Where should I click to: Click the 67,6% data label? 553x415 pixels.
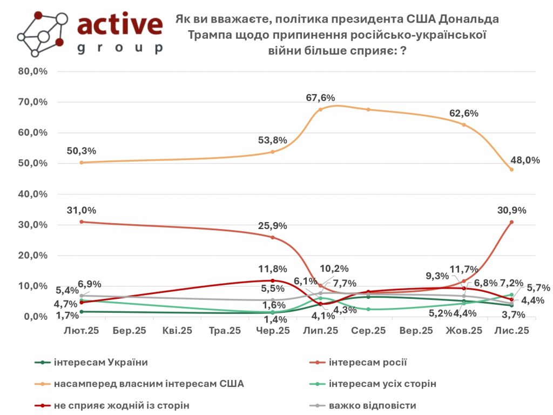(320, 98)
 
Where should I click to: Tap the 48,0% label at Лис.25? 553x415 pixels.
(524, 160)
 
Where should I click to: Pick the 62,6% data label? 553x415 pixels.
(463, 113)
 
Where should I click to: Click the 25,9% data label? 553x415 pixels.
(272, 225)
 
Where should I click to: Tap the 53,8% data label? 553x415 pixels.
(272, 140)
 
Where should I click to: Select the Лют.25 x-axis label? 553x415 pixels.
(82, 330)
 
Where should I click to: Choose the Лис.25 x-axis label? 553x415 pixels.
(511, 330)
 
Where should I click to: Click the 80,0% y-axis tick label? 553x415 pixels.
(33, 71)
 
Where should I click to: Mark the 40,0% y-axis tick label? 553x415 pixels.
(33, 194)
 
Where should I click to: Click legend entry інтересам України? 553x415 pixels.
(100, 363)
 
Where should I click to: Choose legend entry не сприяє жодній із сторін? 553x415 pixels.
(122, 405)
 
